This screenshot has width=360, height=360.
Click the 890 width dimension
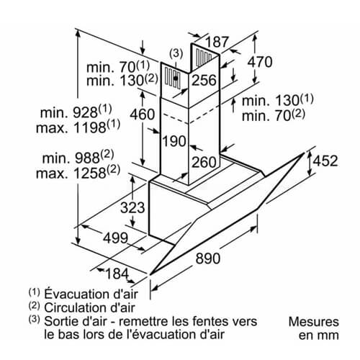(x=208, y=258)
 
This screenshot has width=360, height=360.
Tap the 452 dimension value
(x=325, y=161)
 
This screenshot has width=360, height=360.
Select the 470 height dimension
(x=260, y=62)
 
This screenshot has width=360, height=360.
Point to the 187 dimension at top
(x=217, y=42)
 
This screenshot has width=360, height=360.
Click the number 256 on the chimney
(x=204, y=80)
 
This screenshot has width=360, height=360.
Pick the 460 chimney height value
(x=143, y=114)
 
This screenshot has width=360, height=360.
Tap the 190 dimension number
(x=174, y=141)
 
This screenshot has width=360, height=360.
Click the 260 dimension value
(x=204, y=162)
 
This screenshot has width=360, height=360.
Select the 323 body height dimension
(x=132, y=207)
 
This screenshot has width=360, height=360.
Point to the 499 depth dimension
(x=116, y=238)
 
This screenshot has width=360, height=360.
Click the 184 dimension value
(x=117, y=274)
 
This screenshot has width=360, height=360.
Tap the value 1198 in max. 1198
(x=90, y=127)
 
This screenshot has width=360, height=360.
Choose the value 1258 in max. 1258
(x=90, y=173)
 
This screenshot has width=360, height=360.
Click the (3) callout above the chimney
(x=176, y=53)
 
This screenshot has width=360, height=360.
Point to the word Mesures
(x=314, y=322)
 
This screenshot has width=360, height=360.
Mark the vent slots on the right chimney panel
(x=204, y=57)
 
